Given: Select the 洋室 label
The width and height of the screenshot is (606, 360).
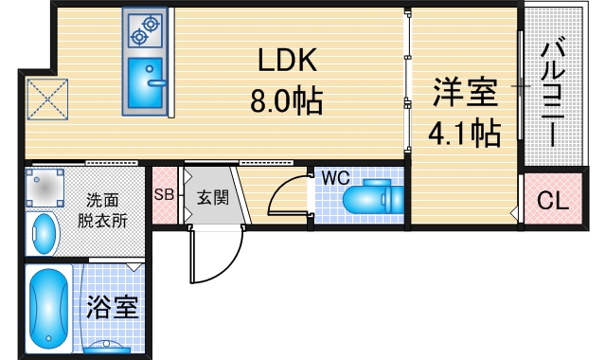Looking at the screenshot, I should click(465, 94).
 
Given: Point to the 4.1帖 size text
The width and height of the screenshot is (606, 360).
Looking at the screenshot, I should click(464, 134).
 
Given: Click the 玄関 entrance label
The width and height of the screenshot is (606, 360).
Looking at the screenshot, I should click(211, 199).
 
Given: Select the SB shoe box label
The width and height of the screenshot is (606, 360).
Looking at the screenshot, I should click(164, 196).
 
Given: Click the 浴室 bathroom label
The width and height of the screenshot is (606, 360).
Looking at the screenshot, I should click(114, 307).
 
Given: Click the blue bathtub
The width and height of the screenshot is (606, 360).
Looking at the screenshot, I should click(46, 308).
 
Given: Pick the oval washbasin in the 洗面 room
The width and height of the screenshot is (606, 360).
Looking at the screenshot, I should click(44, 232).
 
